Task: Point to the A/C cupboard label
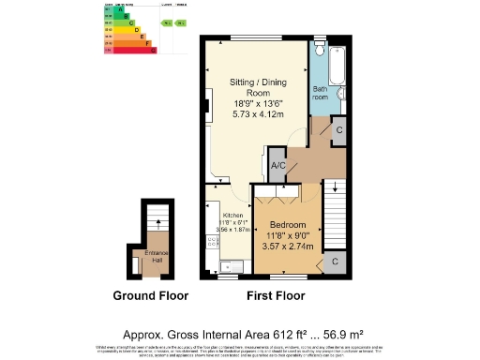[x=277, y=165]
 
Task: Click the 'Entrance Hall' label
[x=155, y=256]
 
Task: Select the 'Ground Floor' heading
[x=150, y=295]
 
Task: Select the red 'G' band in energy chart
[x=128, y=50]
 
